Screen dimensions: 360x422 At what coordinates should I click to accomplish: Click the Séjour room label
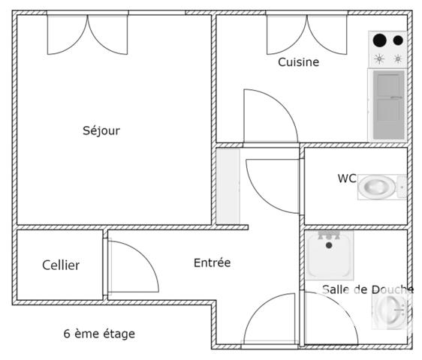[x=101, y=130]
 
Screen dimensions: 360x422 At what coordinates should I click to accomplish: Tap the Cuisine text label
[x=298, y=62]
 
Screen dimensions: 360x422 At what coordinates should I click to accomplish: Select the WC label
[x=346, y=178]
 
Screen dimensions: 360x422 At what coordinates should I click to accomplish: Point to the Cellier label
[x=61, y=265]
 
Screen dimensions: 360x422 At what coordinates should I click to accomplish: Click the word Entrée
[x=212, y=262]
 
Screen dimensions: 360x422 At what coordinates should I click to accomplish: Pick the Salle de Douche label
[x=367, y=289]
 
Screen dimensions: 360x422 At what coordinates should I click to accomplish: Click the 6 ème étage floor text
[x=99, y=334]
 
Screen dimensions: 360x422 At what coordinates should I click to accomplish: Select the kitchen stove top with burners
[x=388, y=49]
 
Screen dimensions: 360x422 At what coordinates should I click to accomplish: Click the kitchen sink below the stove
[x=388, y=104]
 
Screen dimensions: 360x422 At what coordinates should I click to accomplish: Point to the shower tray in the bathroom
[x=329, y=255]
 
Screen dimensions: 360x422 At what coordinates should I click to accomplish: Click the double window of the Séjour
[x=88, y=34]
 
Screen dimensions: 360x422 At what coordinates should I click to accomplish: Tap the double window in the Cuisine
[x=306, y=34]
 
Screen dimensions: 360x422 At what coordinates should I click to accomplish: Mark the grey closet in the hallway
[x=228, y=186]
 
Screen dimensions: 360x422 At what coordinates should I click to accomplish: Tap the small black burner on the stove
[x=398, y=40]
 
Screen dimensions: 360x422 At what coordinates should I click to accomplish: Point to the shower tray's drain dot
[x=329, y=245]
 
